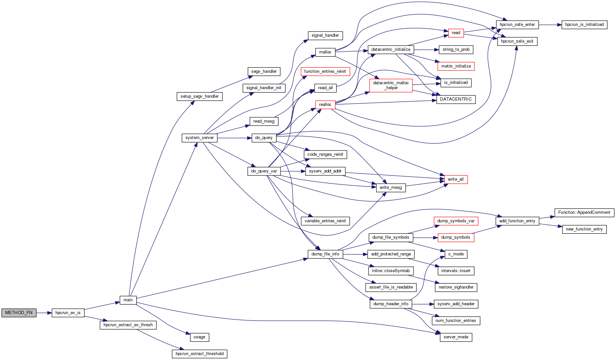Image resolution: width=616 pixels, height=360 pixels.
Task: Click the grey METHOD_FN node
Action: click(19, 313)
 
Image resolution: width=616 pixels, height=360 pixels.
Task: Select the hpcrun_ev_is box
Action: click(68, 313)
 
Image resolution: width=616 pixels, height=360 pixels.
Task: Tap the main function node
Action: click(128, 300)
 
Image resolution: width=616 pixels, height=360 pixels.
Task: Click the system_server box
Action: click(200, 138)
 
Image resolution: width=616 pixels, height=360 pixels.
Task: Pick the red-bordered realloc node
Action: click(325, 105)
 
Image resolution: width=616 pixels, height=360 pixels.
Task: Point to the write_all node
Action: click(455, 179)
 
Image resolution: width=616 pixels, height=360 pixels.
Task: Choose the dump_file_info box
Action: click(325, 254)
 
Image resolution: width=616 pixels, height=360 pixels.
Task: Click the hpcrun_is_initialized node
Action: click(584, 25)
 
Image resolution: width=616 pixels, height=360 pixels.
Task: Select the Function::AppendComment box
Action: click(584, 212)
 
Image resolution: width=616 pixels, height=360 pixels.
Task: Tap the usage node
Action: click(199, 337)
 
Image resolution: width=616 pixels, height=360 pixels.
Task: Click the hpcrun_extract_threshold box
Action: click(199, 354)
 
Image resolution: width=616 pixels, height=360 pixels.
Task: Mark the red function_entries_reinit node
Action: click(325, 71)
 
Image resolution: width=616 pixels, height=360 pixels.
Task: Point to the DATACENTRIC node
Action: click(456, 99)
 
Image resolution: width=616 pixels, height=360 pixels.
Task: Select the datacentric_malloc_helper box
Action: click(391, 85)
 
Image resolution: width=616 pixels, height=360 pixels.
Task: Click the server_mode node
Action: click(456, 337)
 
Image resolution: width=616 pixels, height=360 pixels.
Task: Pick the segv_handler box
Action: click(264, 71)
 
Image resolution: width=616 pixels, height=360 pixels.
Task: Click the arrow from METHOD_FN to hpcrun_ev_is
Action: click(44, 313)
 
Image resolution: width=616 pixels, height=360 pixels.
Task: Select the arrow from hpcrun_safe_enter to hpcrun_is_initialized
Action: click(550, 25)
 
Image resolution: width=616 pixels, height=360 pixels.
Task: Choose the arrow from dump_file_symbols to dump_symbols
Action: click(425, 237)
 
